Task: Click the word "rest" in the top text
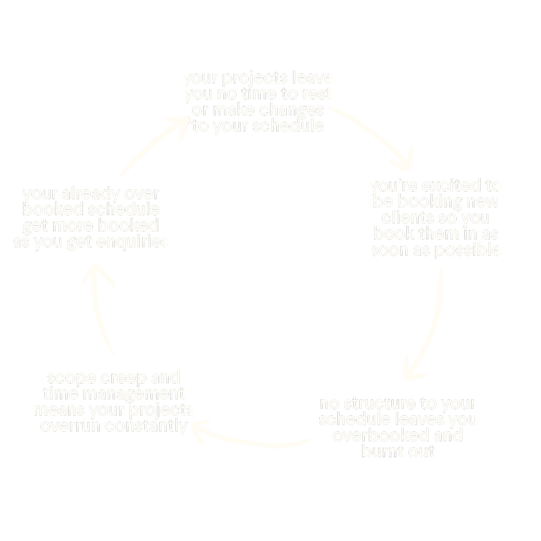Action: point(317,94)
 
